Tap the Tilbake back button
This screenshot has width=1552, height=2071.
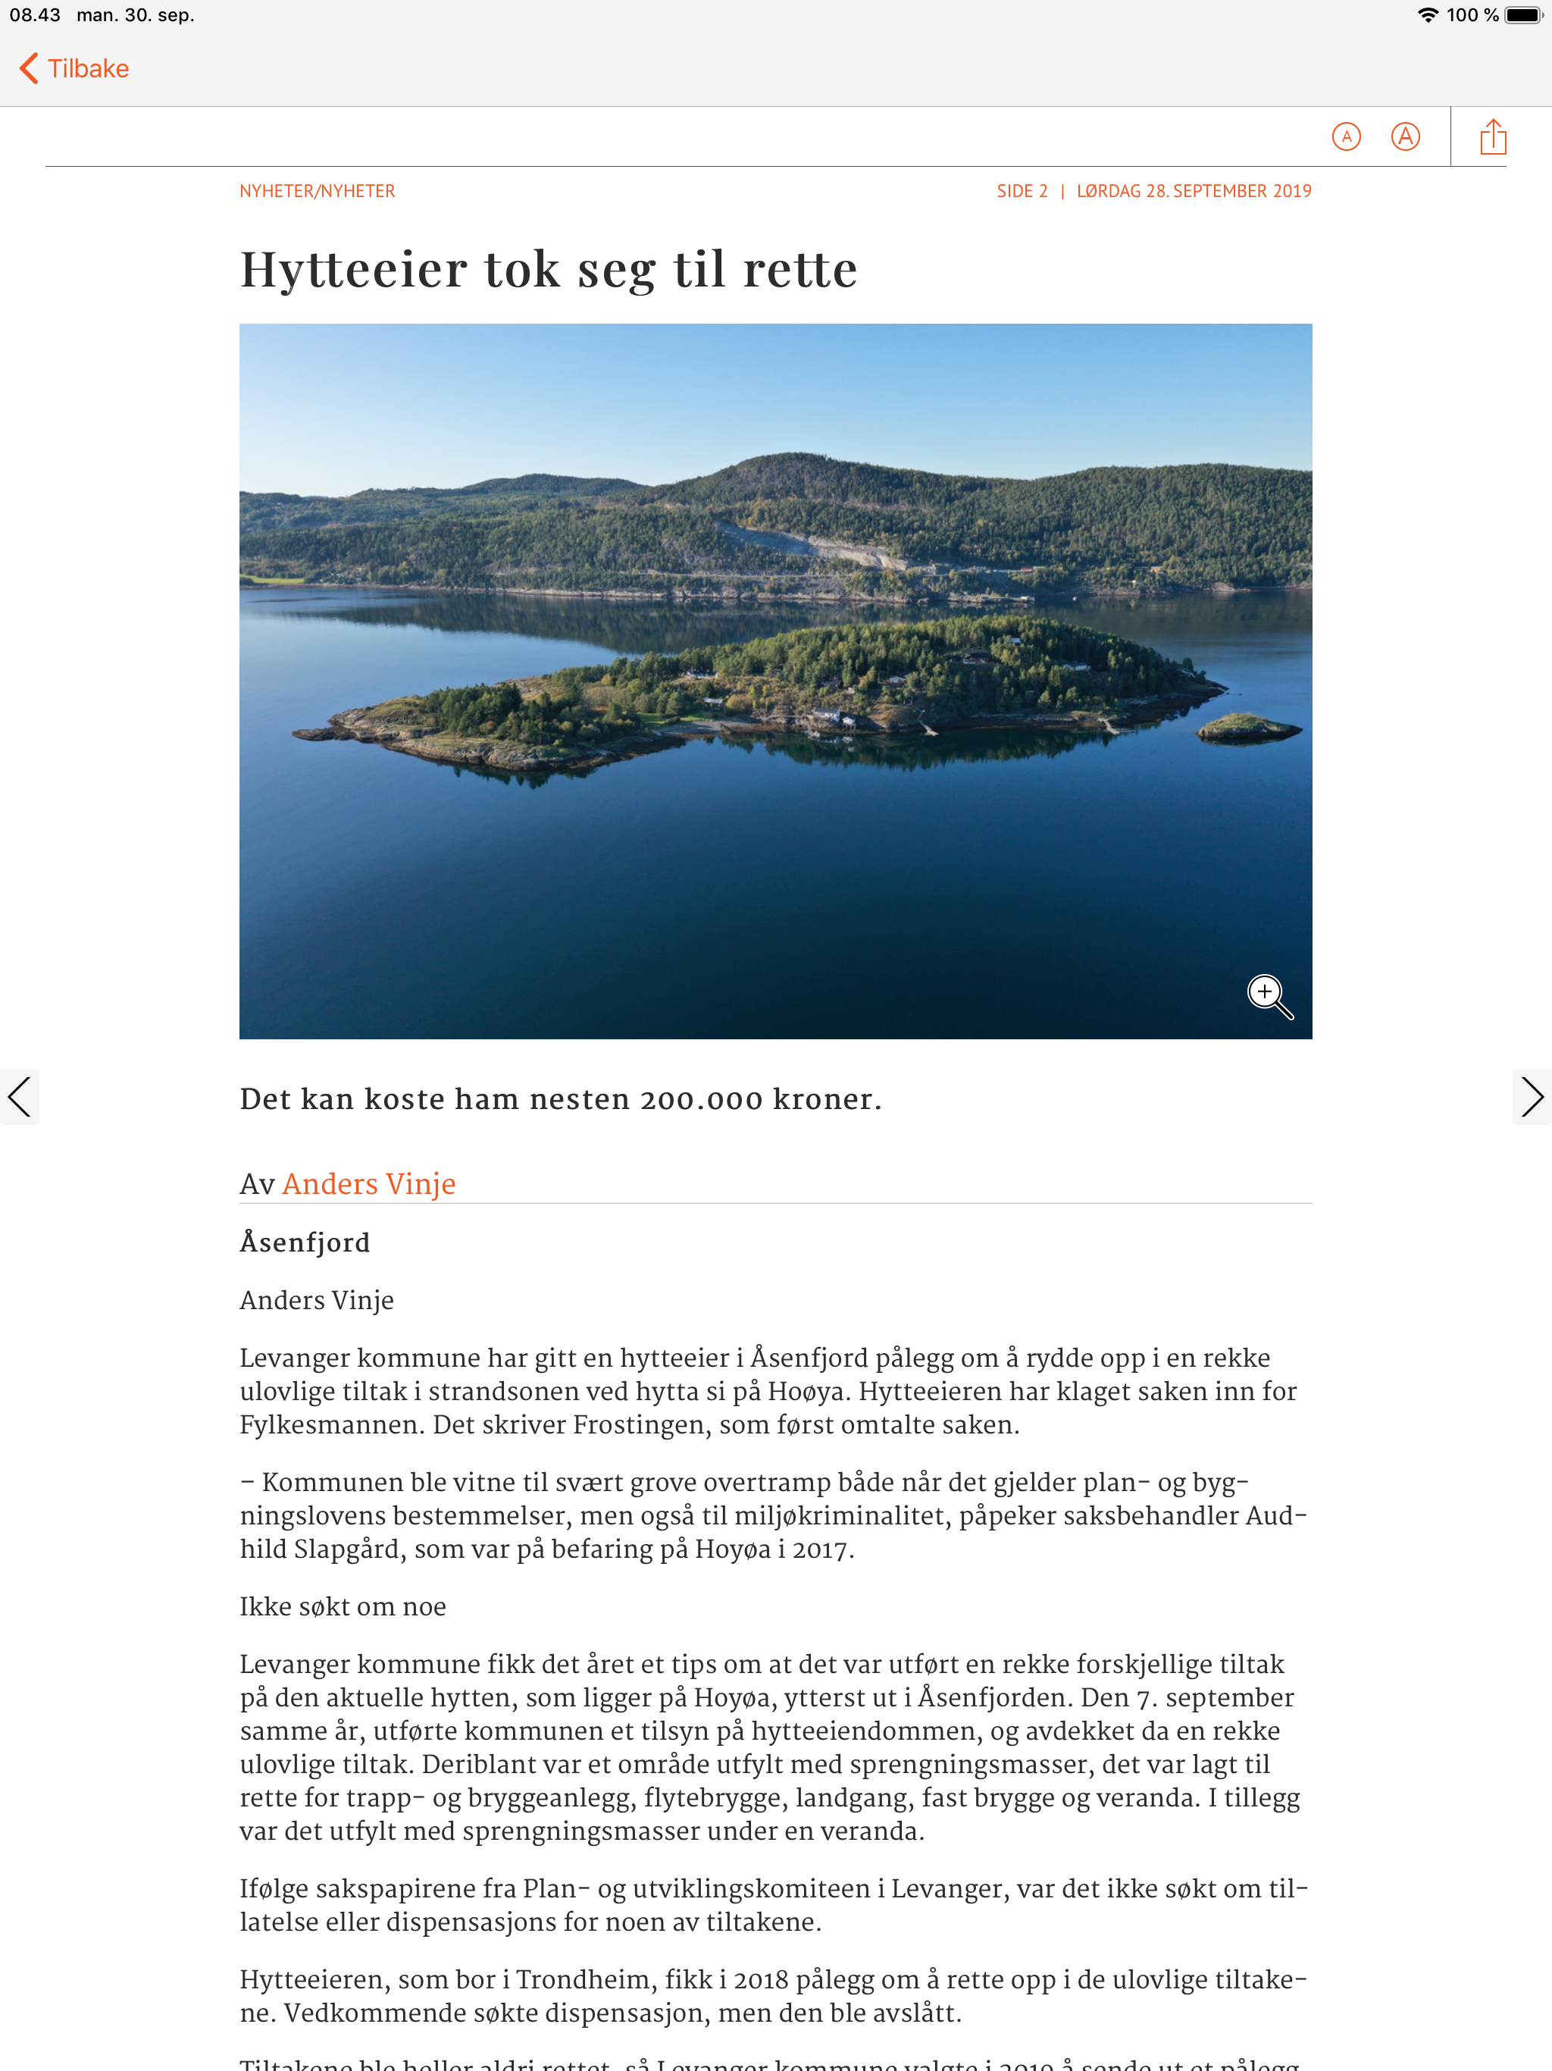coord(75,68)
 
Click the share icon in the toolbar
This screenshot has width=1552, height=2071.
coord(1493,136)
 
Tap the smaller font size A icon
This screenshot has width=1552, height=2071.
coord(1345,136)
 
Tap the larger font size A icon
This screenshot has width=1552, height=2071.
coord(1405,136)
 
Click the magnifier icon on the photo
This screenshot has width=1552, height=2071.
coord(1269,995)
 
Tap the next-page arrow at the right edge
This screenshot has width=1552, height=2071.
coord(1532,1096)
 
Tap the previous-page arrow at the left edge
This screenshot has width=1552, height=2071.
coord(20,1096)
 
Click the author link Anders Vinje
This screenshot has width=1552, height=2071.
coord(369,1183)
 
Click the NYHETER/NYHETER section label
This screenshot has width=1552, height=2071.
coord(318,191)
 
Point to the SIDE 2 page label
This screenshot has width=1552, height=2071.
coord(1022,191)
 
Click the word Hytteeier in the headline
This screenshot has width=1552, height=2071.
coord(354,270)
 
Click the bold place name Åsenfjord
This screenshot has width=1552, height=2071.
coord(305,1242)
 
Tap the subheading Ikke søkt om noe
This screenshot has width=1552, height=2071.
coord(343,1606)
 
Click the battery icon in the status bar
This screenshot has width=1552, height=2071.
coord(1523,15)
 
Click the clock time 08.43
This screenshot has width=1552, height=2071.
coord(35,15)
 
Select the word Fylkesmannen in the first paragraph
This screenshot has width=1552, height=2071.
coord(329,1425)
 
